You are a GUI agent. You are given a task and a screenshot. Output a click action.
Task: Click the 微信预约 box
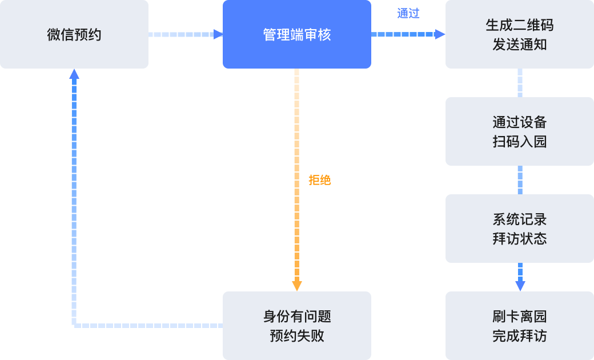coord(74,34)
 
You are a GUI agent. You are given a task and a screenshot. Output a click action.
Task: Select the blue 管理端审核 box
coord(297,34)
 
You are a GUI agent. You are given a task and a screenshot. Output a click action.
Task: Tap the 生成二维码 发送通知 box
coord(520,34)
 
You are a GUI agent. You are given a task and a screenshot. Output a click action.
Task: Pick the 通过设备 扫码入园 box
coord(520,131)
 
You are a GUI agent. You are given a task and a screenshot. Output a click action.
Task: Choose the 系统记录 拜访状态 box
coord(520,229)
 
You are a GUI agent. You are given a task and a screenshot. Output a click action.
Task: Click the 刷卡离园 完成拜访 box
coord(520,326)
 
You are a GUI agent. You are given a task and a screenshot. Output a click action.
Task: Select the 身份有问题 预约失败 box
coord(297,326)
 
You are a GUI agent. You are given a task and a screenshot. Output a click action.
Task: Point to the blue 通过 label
coord(408,14)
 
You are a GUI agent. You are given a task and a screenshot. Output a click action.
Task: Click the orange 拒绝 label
coord(320,180)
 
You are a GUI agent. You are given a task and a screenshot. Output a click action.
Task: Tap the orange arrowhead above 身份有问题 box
coord(297,285)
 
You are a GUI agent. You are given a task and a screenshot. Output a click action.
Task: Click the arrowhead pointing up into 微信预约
coord(74,74)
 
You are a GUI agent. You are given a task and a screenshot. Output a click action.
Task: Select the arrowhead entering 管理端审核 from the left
coord(218,34)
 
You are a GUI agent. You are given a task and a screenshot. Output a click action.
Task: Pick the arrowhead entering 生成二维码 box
coord(440,34)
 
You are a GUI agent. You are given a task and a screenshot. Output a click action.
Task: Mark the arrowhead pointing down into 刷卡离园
coord(520,285)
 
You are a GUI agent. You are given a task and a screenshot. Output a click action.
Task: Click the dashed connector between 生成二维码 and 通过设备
coord(520,83)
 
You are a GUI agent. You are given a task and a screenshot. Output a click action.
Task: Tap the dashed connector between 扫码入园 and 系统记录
coord(520,180)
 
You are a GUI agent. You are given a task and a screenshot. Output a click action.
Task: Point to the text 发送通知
coord(520,44)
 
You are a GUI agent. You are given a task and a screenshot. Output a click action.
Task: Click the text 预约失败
coord(297,335)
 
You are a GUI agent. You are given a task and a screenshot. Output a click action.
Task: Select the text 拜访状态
coord(520,238)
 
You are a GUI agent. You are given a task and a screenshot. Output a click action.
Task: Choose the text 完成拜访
coord(520,335)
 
